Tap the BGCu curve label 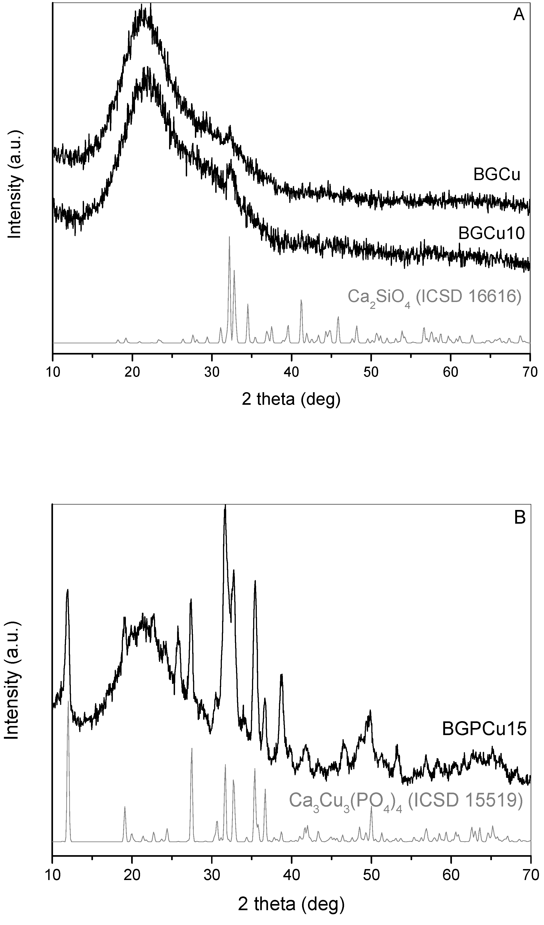(x=497, y=175)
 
